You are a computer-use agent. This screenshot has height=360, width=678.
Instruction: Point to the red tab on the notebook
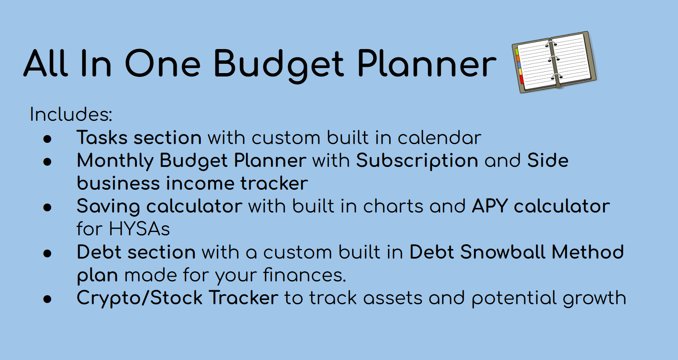(522, 79)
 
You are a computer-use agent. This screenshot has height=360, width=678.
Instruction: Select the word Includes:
(71, 115)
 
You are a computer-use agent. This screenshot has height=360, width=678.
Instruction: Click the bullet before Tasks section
(47, 139)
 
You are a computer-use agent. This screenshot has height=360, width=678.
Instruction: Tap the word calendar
(439, 138)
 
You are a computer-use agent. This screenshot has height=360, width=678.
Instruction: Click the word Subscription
(417, 161)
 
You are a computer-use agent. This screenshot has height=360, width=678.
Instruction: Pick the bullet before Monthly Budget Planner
(47, 161)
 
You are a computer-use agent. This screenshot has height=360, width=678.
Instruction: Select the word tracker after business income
(274, 184)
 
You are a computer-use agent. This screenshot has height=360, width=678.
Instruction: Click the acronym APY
(489, 207)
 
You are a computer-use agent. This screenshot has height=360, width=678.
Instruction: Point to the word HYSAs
(139, 229)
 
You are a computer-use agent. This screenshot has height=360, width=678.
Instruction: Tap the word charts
(393, 207)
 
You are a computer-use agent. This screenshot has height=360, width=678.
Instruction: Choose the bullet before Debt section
(47, 253)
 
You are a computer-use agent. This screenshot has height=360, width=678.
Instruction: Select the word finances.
(304, 275)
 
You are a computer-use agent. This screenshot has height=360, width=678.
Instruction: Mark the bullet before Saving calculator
(47, 207)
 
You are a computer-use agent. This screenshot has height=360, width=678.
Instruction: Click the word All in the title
(46, 64)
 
